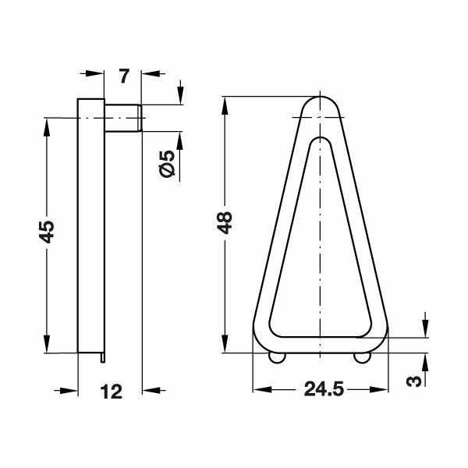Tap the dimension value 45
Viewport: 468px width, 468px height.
48,232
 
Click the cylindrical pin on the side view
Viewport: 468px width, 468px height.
123,118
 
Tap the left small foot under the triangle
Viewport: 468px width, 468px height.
277,357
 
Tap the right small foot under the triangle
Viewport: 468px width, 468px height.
360,357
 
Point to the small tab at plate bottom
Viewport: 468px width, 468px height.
105,357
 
